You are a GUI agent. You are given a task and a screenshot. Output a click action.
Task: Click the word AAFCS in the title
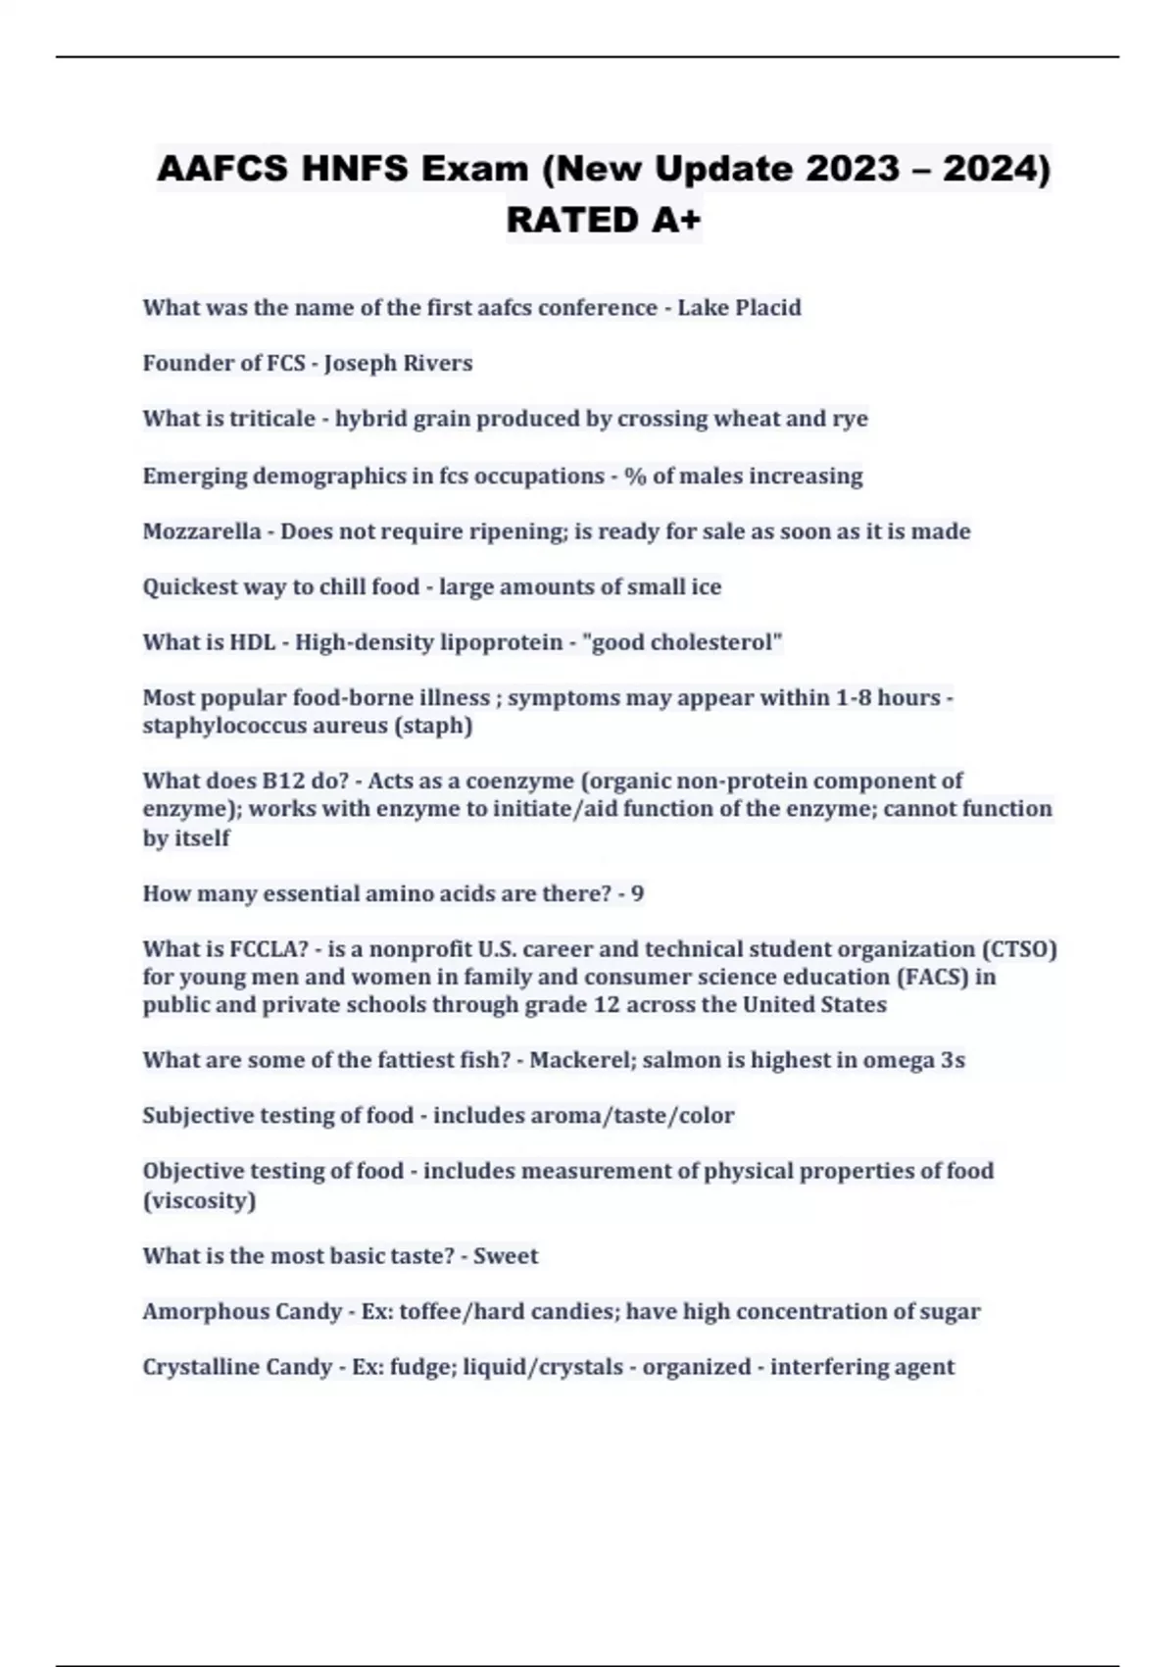[222, 169]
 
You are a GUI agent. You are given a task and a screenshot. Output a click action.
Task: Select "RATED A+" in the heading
[604, 220]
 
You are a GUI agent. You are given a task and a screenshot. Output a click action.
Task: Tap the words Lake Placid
[739, 307]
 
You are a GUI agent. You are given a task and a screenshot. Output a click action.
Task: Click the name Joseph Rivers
[398, 363]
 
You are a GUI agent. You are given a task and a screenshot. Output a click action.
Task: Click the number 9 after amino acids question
[637, 893]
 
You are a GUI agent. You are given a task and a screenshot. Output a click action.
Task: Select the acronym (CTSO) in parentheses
[1018, 949]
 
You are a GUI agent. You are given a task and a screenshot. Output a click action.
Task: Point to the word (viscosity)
[199, 1200]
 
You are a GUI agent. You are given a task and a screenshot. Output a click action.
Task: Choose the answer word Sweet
[506, 1256]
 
